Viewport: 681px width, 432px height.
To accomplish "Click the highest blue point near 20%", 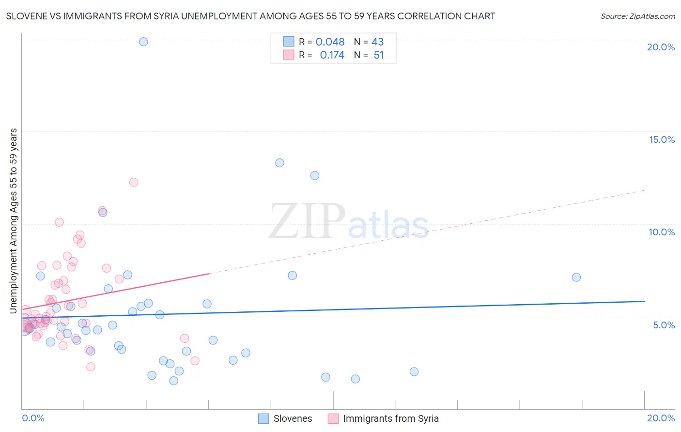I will (x=143, y=42).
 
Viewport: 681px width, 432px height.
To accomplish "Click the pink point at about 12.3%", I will (x=134, y=182).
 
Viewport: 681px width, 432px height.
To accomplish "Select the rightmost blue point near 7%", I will (x=576, y=277).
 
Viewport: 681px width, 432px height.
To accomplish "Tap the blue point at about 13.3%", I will (x=279, y=163).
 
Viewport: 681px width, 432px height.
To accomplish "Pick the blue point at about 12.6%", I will (x=315, y=176).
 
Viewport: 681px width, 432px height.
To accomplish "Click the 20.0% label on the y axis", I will (x=661, y=47).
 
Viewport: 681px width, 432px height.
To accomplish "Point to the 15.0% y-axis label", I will (x=662, y=139).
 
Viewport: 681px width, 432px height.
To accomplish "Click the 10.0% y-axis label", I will (x=662, y=232).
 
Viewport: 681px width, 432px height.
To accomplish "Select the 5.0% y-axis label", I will (x=664, y=325).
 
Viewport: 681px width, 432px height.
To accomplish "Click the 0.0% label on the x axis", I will (x=33, y=418).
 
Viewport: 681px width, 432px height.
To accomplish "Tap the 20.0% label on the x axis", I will (x=661, y=418).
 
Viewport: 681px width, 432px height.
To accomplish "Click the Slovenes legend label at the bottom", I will (x=293, y=418).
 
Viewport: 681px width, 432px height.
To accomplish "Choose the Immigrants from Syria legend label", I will (x=390, y=418).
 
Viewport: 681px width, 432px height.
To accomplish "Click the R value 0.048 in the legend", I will (x=330, y=42).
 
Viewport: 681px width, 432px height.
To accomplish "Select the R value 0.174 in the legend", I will (x=332, y=55).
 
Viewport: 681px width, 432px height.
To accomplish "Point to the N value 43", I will (x=377, y=42).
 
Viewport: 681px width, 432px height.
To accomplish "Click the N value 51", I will (x=378, y=55).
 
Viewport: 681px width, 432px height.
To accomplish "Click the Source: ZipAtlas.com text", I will (x=637, y=16).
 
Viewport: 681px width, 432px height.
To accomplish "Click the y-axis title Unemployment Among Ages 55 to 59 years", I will (x=14, y=221).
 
